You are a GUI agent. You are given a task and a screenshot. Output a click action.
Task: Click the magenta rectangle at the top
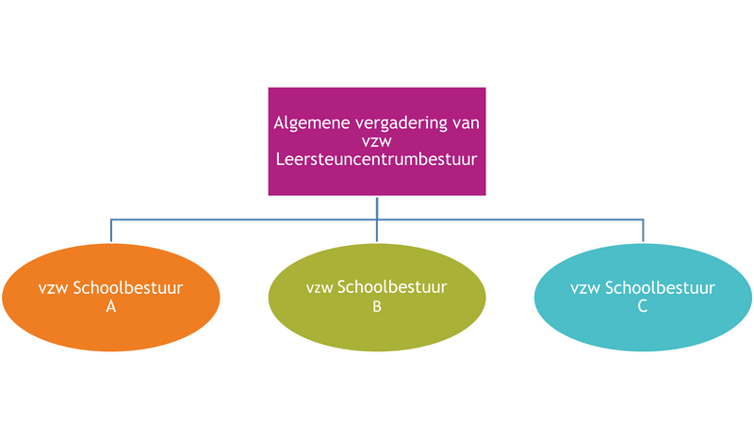pyautogui.click(x=377, y=141)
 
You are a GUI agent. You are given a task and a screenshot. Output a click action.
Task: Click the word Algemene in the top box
pyautogui.click(x=312, y=123)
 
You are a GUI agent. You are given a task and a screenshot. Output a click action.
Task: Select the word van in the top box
pyautogui.click(x=466, y=123)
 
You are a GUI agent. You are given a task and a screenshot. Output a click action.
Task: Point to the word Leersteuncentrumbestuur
pyautogui.click(x=376, y=159)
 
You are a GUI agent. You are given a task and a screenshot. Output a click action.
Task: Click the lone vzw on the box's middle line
pyautogui.click(x=376, y=142)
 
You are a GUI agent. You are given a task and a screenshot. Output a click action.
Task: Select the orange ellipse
pyautogui.click(x=111, y=297)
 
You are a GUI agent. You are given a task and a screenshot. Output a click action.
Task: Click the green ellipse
pyautogui.click(x=377, y=297)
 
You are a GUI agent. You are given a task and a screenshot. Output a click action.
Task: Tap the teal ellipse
pyautogui.click(x=643, y=297)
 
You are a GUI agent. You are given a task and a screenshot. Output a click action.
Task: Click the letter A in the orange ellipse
pyautogui.click(x=111, y=306)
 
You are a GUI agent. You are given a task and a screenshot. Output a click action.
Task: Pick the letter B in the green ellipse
pyautogui.click(x=377, y=307)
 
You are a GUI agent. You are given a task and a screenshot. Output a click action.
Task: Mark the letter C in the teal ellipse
pyautogui.click(x=643, y=306)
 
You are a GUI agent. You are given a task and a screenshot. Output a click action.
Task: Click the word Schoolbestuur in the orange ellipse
pyautogui.click(x=128, y=288)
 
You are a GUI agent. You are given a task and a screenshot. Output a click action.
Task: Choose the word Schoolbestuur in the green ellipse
pyautogui.click(x=392, y=287)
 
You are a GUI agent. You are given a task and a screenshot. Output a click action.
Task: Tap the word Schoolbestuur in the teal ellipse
pyautogui.click(x=660, y=288)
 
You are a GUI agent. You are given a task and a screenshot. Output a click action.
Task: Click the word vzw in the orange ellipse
pyautogui.click(x=54, y=288)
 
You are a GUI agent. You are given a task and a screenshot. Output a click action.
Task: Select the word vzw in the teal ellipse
pyautogui.click(x=585, y=288)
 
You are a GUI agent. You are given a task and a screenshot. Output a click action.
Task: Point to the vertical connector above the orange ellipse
pyautogui.click(x=111, y=231)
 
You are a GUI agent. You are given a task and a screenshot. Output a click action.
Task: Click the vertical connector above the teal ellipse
pyautogui.click(x=643, y=231)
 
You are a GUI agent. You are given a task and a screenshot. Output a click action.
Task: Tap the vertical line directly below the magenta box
pyautogui.click(x=377, y=219)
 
